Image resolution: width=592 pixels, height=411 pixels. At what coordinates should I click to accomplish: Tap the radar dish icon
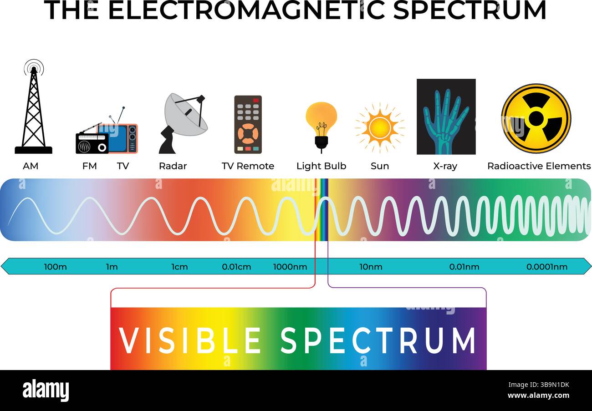(x=184, y=122)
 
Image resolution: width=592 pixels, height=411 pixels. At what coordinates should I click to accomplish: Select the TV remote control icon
(x=248, y=124)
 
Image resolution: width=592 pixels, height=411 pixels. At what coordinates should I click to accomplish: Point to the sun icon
(x=379, y=127)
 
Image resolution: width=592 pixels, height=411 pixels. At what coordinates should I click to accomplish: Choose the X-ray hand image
(x=446, y=117)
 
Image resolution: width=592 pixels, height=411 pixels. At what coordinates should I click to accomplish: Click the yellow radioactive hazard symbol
(x=536, y=118)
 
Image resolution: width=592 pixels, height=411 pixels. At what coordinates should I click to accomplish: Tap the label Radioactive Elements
(x=539, y=166)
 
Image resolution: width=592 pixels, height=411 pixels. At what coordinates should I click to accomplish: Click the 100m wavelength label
(x=55, y=267)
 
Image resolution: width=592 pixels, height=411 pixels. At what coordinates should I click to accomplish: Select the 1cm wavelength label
(x=179, y=267)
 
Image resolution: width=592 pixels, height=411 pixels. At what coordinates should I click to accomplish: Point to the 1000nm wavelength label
(x=290, y=267)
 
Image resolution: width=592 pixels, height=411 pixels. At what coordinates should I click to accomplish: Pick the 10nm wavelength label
(x=371, y=267)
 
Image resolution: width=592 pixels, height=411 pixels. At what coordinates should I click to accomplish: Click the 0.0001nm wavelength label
(x=546, y=267)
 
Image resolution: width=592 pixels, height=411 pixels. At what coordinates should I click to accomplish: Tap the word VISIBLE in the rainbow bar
(x=189, y=340)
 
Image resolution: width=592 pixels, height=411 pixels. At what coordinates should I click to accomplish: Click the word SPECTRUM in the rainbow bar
(x=378, y=340)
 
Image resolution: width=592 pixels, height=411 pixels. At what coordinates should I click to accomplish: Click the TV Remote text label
(x=248, y=166)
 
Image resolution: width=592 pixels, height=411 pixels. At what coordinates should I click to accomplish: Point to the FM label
(x=89, y=166)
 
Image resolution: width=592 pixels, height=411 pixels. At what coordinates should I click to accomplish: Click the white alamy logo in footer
(x=46, y=391)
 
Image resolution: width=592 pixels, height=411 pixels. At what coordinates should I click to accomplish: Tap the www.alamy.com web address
(x=538, y=396)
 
